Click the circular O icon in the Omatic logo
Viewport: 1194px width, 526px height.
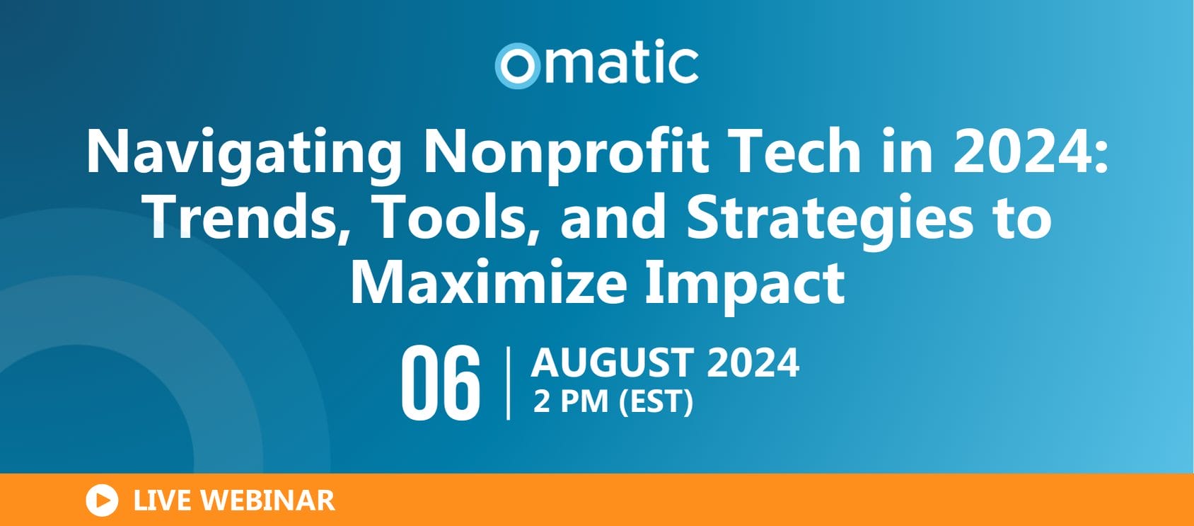point(518,66)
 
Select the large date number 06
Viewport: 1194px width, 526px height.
point(440,383)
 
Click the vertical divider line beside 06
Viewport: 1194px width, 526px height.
point(508,383)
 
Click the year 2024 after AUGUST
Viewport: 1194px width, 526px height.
point(753,362)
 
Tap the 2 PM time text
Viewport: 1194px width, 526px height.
point(570,401)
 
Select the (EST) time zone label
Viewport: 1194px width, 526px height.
point(656,402)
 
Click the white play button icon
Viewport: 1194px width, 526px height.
point(102,501)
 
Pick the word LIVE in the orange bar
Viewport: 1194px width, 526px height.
point(162,501)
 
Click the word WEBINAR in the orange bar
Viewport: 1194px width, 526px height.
point(267,501)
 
